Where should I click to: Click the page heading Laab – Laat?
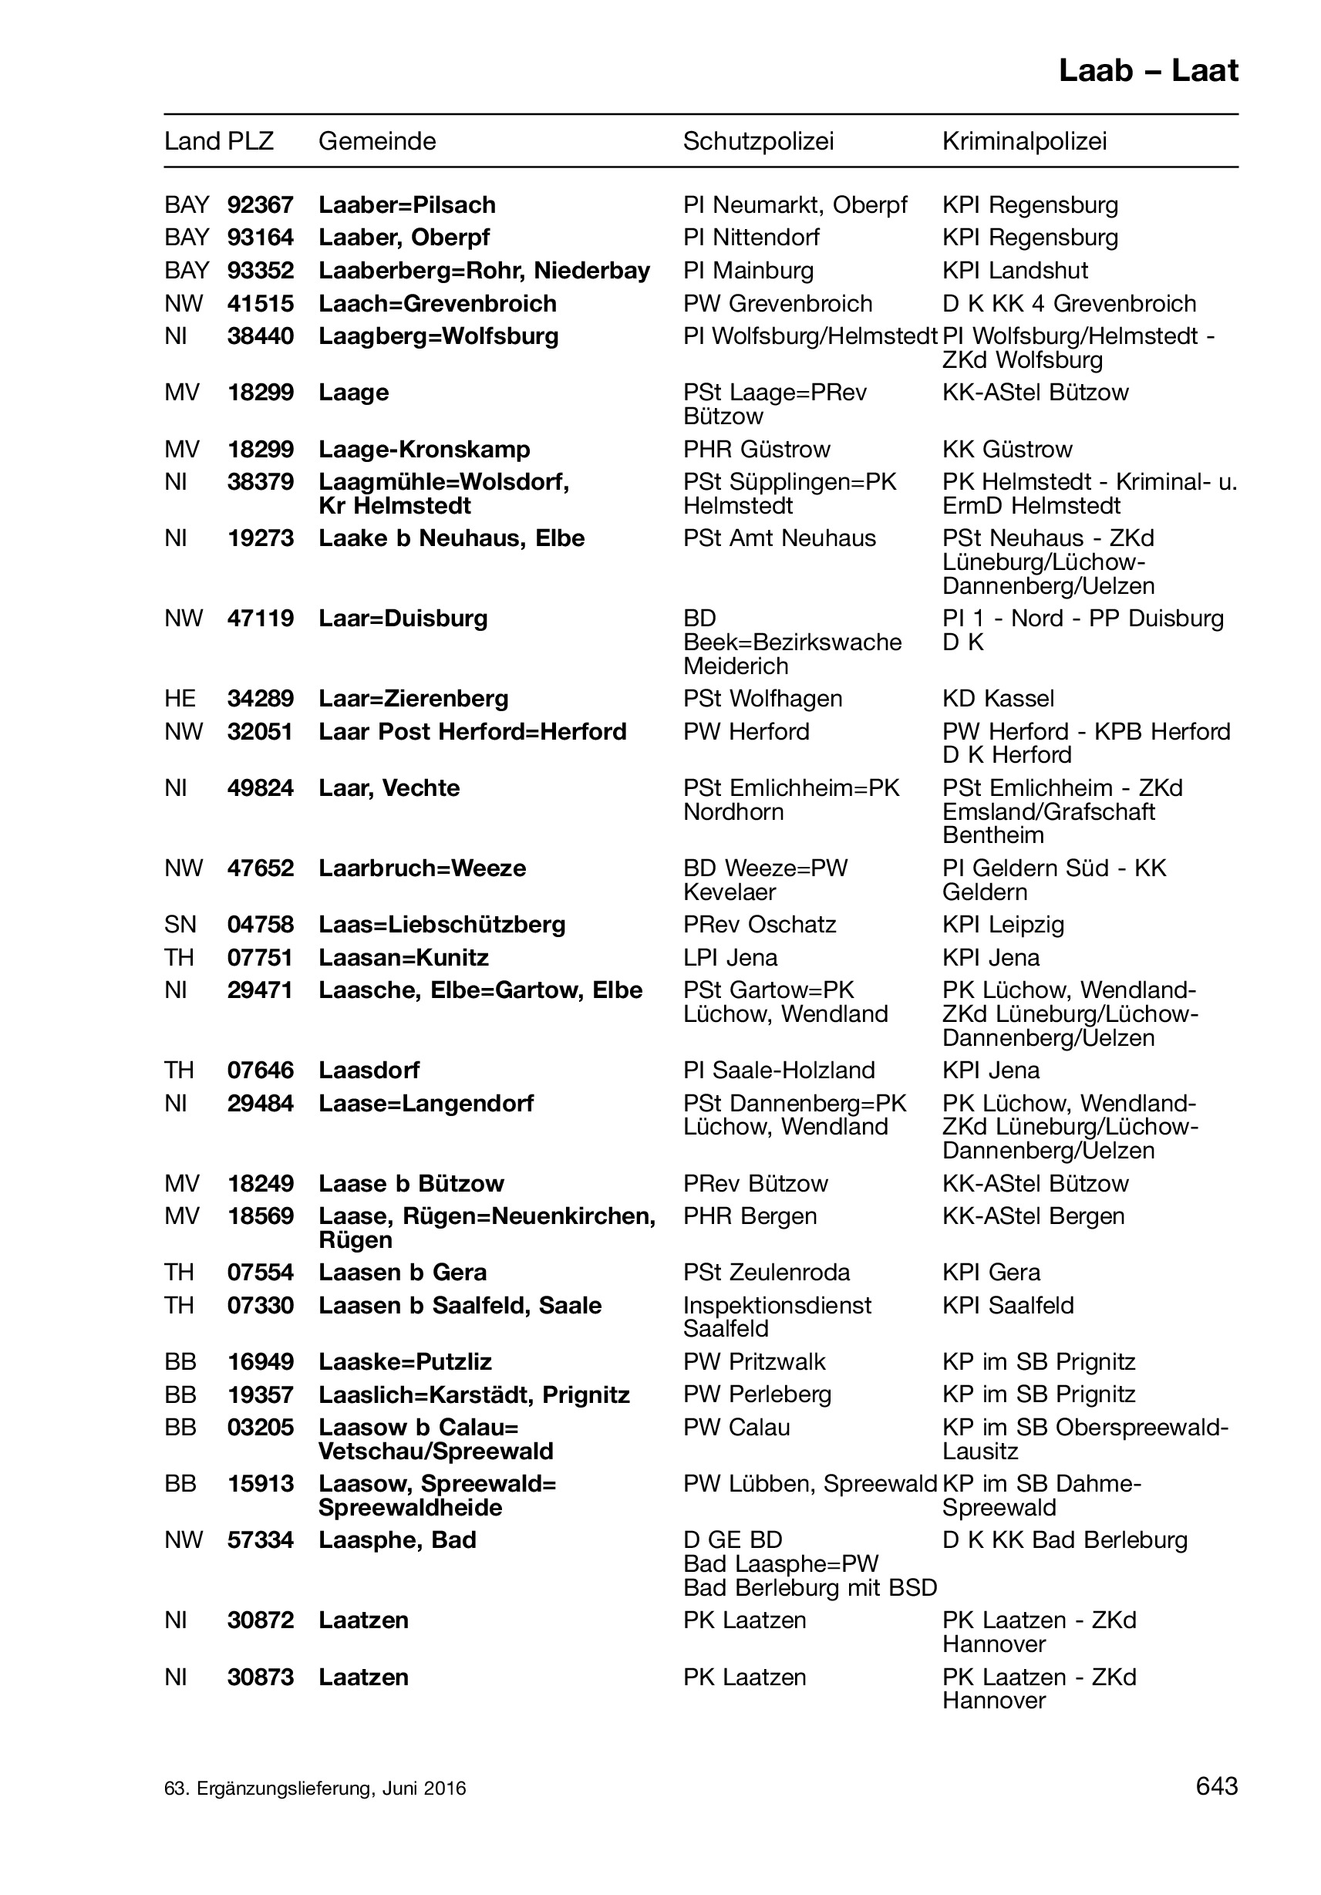point(1147,71)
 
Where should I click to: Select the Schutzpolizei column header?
point(757,141)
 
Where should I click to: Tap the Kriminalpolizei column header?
point(1023,141)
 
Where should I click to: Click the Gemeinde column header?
point(377,141)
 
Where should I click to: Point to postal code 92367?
point(260,204)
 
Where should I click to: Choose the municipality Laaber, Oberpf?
point(403,238)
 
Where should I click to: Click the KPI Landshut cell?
point(1015,271)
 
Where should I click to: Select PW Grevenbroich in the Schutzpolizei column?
point(777,304)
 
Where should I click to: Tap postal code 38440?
point(260,336)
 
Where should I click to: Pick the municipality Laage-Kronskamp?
point(424,449)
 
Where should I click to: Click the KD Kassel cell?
point(998,698)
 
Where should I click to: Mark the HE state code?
point(180,698)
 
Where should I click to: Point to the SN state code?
point(180,925)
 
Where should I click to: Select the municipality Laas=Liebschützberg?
point(441,925)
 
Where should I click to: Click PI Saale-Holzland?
point(778,1071)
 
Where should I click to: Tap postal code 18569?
point(260,1216)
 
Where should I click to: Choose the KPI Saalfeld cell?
point(1007,1305)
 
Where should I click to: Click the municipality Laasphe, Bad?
point(397,1540)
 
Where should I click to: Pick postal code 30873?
point(260,1677)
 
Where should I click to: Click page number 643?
point(1216,1786)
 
